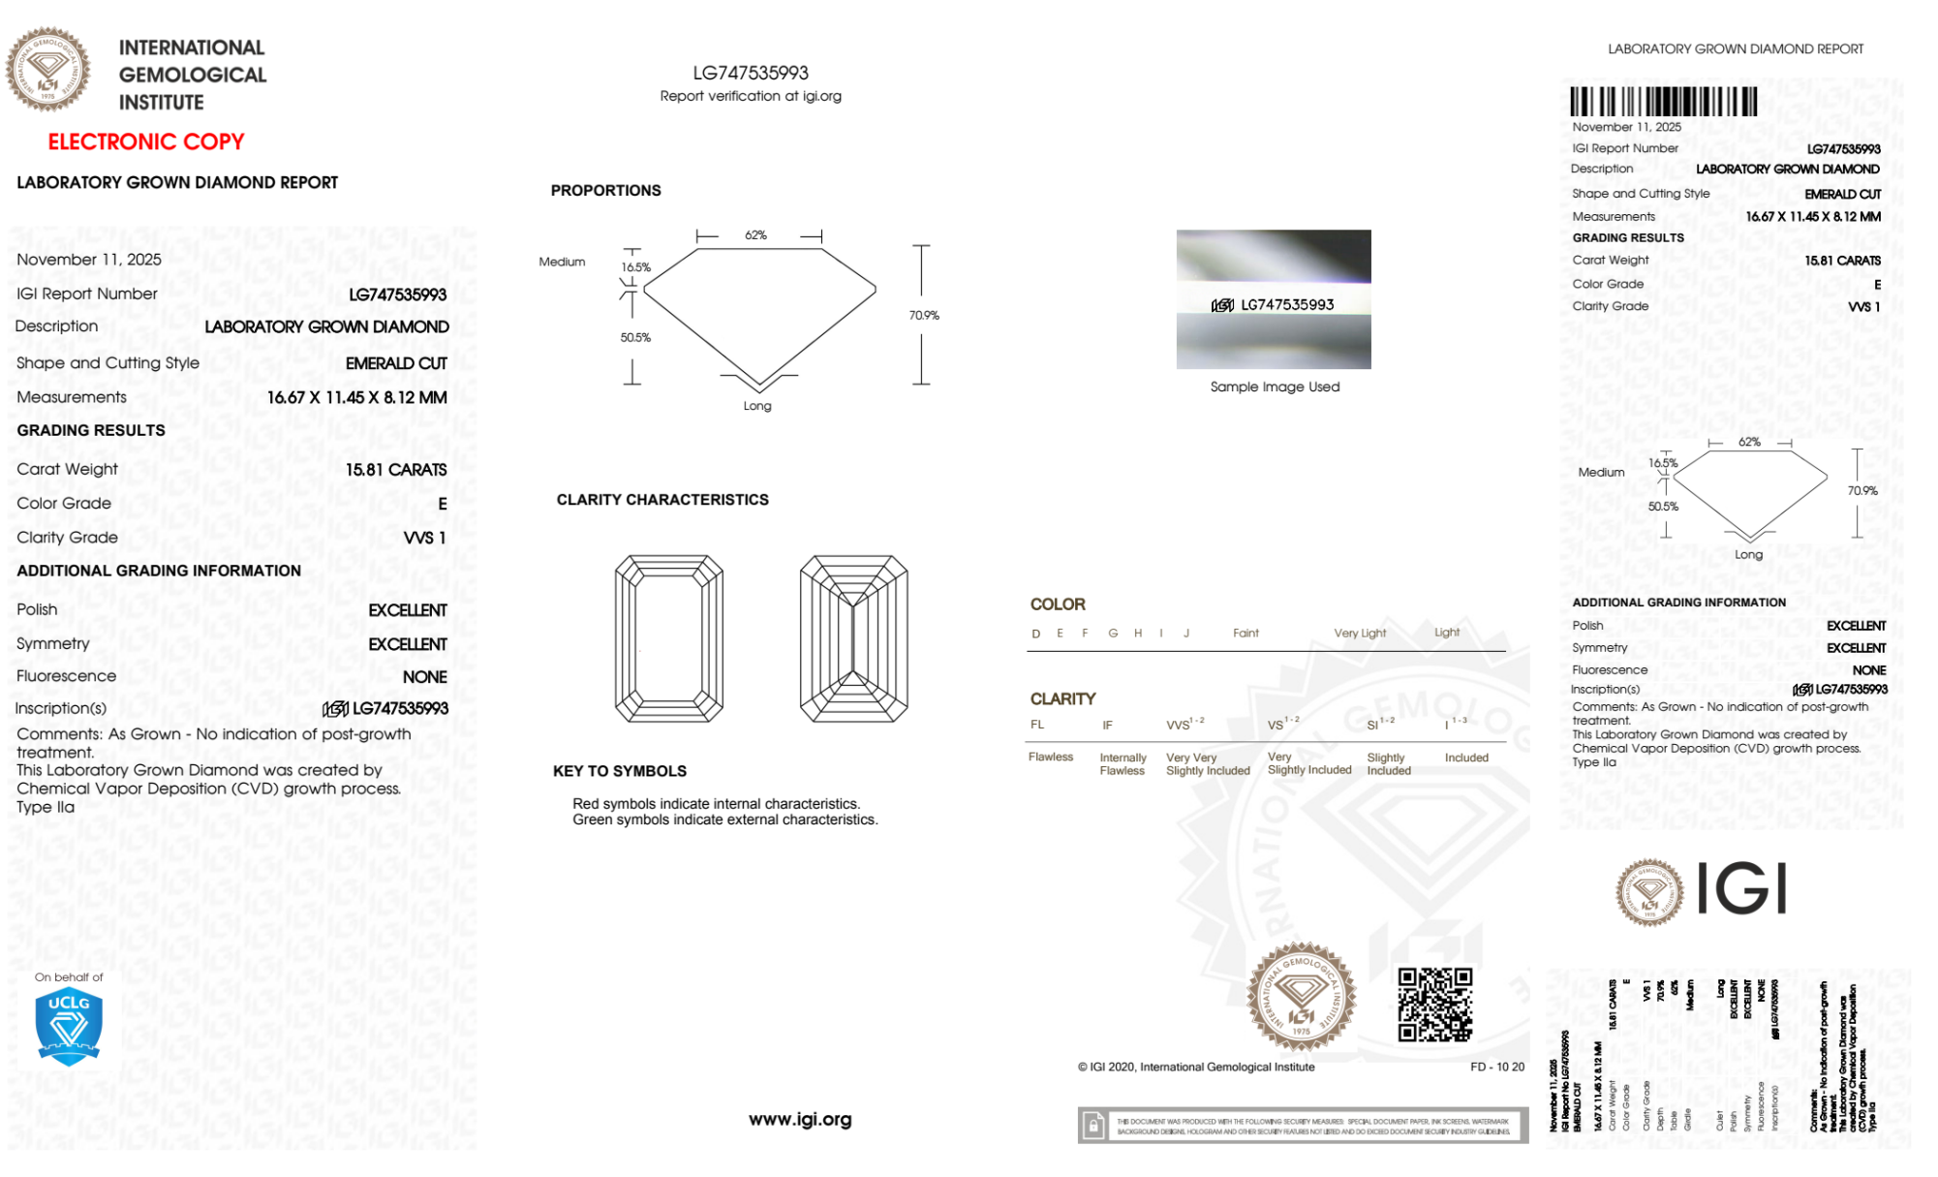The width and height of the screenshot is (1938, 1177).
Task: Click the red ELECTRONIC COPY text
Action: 146,141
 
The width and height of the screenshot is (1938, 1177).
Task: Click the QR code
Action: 1434,1005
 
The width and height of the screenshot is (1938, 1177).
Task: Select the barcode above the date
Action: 1663,102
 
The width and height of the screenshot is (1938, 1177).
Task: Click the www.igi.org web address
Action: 800,1119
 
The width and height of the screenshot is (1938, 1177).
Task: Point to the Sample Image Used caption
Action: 1275,387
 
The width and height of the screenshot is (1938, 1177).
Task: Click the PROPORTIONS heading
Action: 605,191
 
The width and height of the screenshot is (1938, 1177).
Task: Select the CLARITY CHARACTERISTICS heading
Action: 662,500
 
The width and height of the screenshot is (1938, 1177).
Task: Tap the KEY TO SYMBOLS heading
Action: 620,771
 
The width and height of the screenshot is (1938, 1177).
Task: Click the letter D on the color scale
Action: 1036,634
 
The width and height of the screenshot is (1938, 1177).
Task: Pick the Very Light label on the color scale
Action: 1360,634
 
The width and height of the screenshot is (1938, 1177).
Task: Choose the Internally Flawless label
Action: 1123,764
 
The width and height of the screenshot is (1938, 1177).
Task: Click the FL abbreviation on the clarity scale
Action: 1037,725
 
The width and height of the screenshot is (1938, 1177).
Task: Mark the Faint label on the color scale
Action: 1246,634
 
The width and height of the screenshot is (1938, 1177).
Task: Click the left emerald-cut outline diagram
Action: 669,638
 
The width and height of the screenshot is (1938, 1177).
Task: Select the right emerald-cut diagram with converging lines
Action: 853,638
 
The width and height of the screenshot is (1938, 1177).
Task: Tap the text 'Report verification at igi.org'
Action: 751,96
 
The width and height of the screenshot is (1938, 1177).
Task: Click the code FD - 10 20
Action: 1496,1067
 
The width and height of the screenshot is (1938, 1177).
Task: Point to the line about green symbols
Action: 724,820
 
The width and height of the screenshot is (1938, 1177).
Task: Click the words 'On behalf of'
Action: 69,977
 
